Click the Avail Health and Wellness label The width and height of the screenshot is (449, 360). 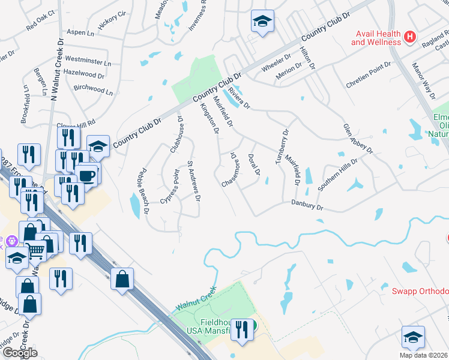pos(376,37)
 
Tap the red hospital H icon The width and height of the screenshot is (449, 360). pos(410,37)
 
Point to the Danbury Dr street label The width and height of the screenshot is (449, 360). pos(307,206)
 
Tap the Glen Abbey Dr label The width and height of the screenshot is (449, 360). pos(358,138)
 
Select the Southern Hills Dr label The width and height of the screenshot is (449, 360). pos(337,175)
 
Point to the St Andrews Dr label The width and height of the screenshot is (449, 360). pos(194,180)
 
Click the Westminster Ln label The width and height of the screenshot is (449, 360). pos(88,61)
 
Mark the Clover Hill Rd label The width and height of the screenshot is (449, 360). pos(76,123)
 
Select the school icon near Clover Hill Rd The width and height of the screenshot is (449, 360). pos(98,146)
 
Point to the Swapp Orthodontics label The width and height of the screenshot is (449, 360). pos(420,292)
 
